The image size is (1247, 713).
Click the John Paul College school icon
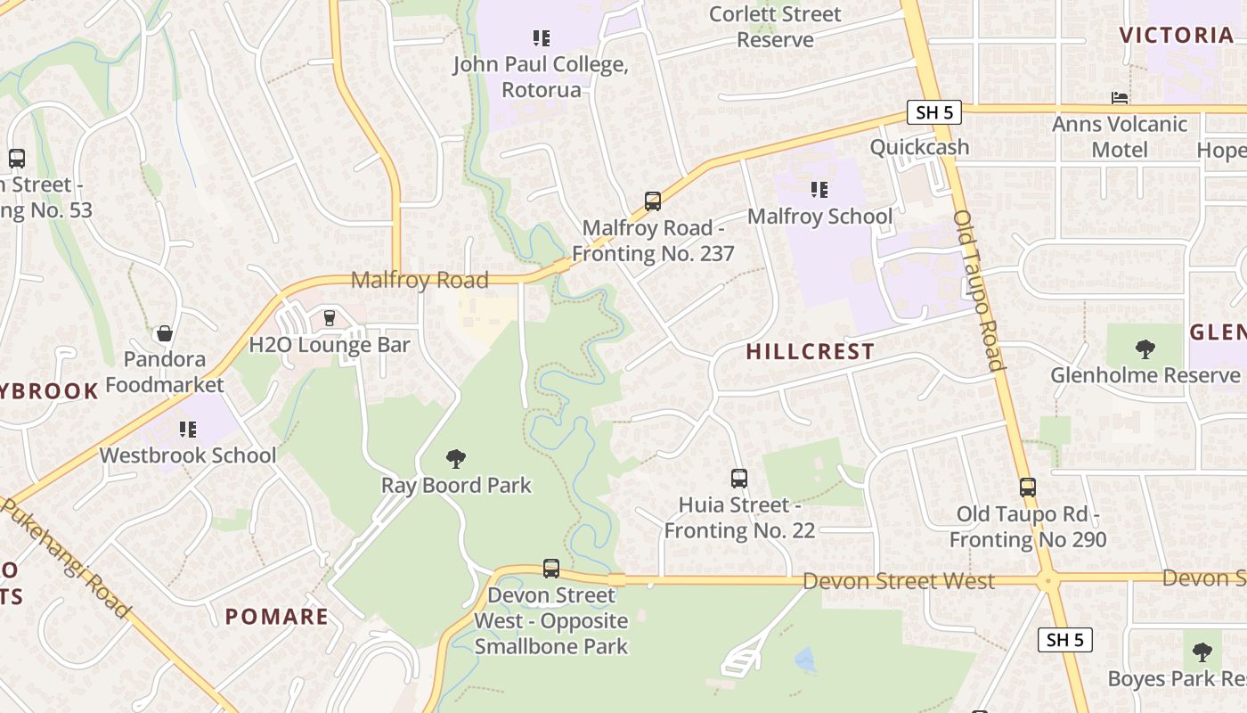pos(541,38)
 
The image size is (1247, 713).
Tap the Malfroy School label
pos(819,217)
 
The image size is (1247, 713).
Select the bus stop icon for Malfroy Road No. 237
pos(653,201)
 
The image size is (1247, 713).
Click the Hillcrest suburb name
pos(810,352)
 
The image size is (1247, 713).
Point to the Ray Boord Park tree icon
pos(456,459)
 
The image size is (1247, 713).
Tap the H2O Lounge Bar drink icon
pos(329,318)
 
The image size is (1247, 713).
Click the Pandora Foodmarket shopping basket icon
pos(164,334)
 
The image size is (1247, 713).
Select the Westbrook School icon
pos(187,430)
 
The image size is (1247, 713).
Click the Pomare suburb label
pos(276,617)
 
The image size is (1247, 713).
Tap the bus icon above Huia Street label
pos(738,479)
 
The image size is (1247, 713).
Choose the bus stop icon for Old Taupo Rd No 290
pos(1028,488)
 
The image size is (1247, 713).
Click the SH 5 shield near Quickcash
pos(934,112)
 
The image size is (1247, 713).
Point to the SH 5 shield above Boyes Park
pos(1064,640)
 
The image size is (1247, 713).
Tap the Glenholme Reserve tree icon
pos(1145,349)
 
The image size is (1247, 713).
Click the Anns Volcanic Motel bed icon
pos(1120,98)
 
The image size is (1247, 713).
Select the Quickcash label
pos(919,147)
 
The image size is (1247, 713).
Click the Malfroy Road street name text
pos(420,280)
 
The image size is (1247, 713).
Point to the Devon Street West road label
pos(898,581)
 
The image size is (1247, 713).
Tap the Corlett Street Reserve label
pos(775,27)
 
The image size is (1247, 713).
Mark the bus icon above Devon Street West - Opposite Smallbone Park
pos(551,569)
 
